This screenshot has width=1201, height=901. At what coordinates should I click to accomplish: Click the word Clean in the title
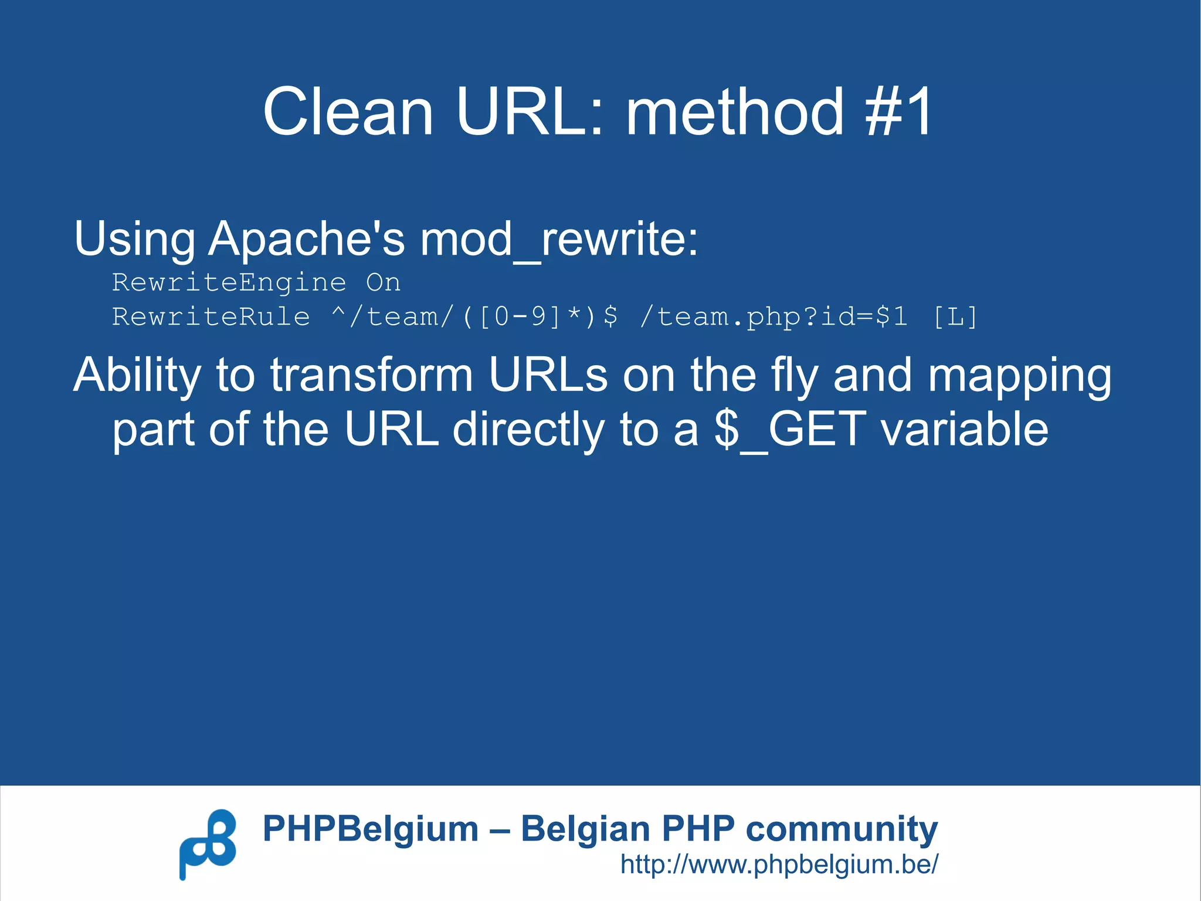(348, 111)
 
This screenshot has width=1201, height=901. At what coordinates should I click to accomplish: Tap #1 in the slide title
(898, 111)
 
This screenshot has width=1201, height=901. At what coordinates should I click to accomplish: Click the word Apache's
(306, 239)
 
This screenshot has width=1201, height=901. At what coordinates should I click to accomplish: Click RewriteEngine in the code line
(229, 283)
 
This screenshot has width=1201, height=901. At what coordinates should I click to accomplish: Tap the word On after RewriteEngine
(383, 283)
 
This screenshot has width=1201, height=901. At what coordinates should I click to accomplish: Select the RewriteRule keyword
(211, 318)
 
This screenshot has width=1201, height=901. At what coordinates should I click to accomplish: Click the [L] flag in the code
(955, 318)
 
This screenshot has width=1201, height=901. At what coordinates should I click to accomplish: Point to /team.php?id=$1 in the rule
(773, 318)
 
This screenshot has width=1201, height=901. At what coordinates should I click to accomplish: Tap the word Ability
(137, 376)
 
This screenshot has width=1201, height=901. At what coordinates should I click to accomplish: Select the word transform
(371, 376)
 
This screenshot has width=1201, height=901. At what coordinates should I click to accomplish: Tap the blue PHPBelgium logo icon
(208, 844)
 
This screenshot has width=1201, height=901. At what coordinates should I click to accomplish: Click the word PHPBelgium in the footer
(370, 829)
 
